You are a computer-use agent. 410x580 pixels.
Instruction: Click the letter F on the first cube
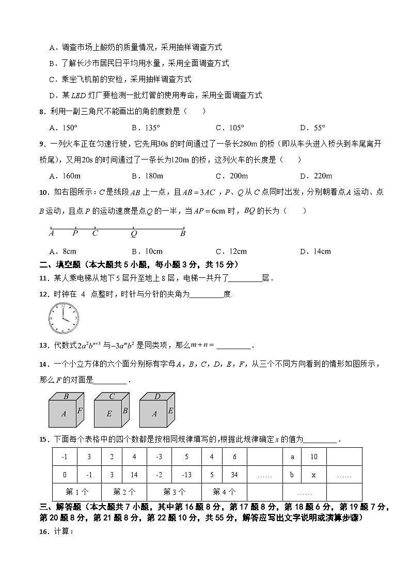coord(80,411)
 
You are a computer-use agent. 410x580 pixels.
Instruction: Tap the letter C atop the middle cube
coord(112,397)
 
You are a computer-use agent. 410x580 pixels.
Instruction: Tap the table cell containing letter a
coord(292,457)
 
